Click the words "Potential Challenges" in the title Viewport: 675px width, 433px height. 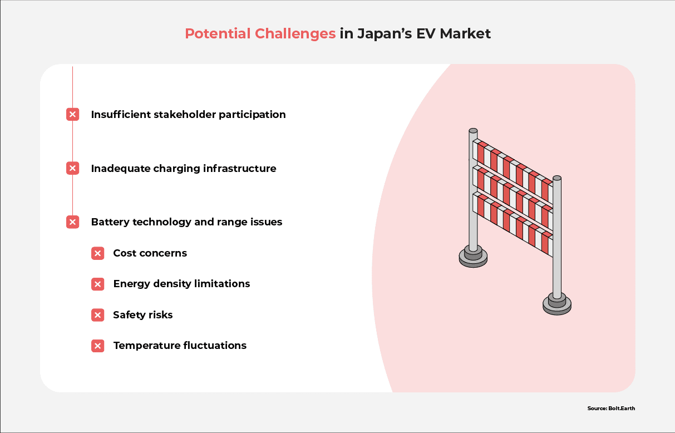(260, 34)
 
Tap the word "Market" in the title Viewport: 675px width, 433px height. (465, 33)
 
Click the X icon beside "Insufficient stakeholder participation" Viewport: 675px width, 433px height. (73, 115)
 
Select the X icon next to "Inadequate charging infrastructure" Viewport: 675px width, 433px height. (73, 168)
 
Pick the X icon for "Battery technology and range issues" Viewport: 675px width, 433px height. (73, 222)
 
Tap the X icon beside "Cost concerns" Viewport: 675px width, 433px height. (97, 253)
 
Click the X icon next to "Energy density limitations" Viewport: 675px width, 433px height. (97, 284)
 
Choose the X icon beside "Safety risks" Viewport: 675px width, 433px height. (97, 315)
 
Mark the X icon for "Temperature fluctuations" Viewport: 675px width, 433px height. (97, 346)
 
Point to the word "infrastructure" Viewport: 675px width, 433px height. (240, 168)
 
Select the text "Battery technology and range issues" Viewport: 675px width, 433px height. (186, 222)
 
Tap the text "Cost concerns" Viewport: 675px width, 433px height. (150, 253)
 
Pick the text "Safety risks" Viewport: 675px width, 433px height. (143, 315)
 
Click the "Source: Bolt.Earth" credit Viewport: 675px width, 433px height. (611, 409)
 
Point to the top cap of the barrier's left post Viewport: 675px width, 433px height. (473, 130)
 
